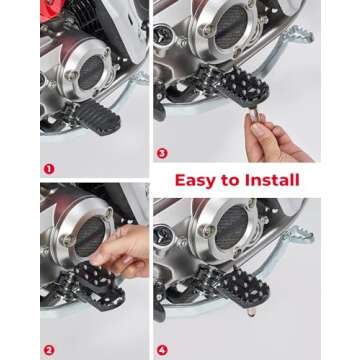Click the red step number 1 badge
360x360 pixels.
(49, 169)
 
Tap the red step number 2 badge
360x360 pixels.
(49, 349)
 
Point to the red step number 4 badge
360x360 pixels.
(162, 349)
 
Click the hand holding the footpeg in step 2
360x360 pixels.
(125, 250)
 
